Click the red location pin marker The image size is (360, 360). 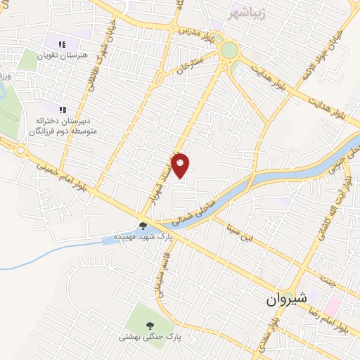181,165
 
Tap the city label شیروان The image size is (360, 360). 287,298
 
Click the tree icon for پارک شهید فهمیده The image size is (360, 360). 143,226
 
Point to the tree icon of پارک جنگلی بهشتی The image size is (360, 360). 149,325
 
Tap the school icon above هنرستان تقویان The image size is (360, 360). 63,44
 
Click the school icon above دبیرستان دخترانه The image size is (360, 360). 63,109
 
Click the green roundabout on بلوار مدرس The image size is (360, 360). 229,51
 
